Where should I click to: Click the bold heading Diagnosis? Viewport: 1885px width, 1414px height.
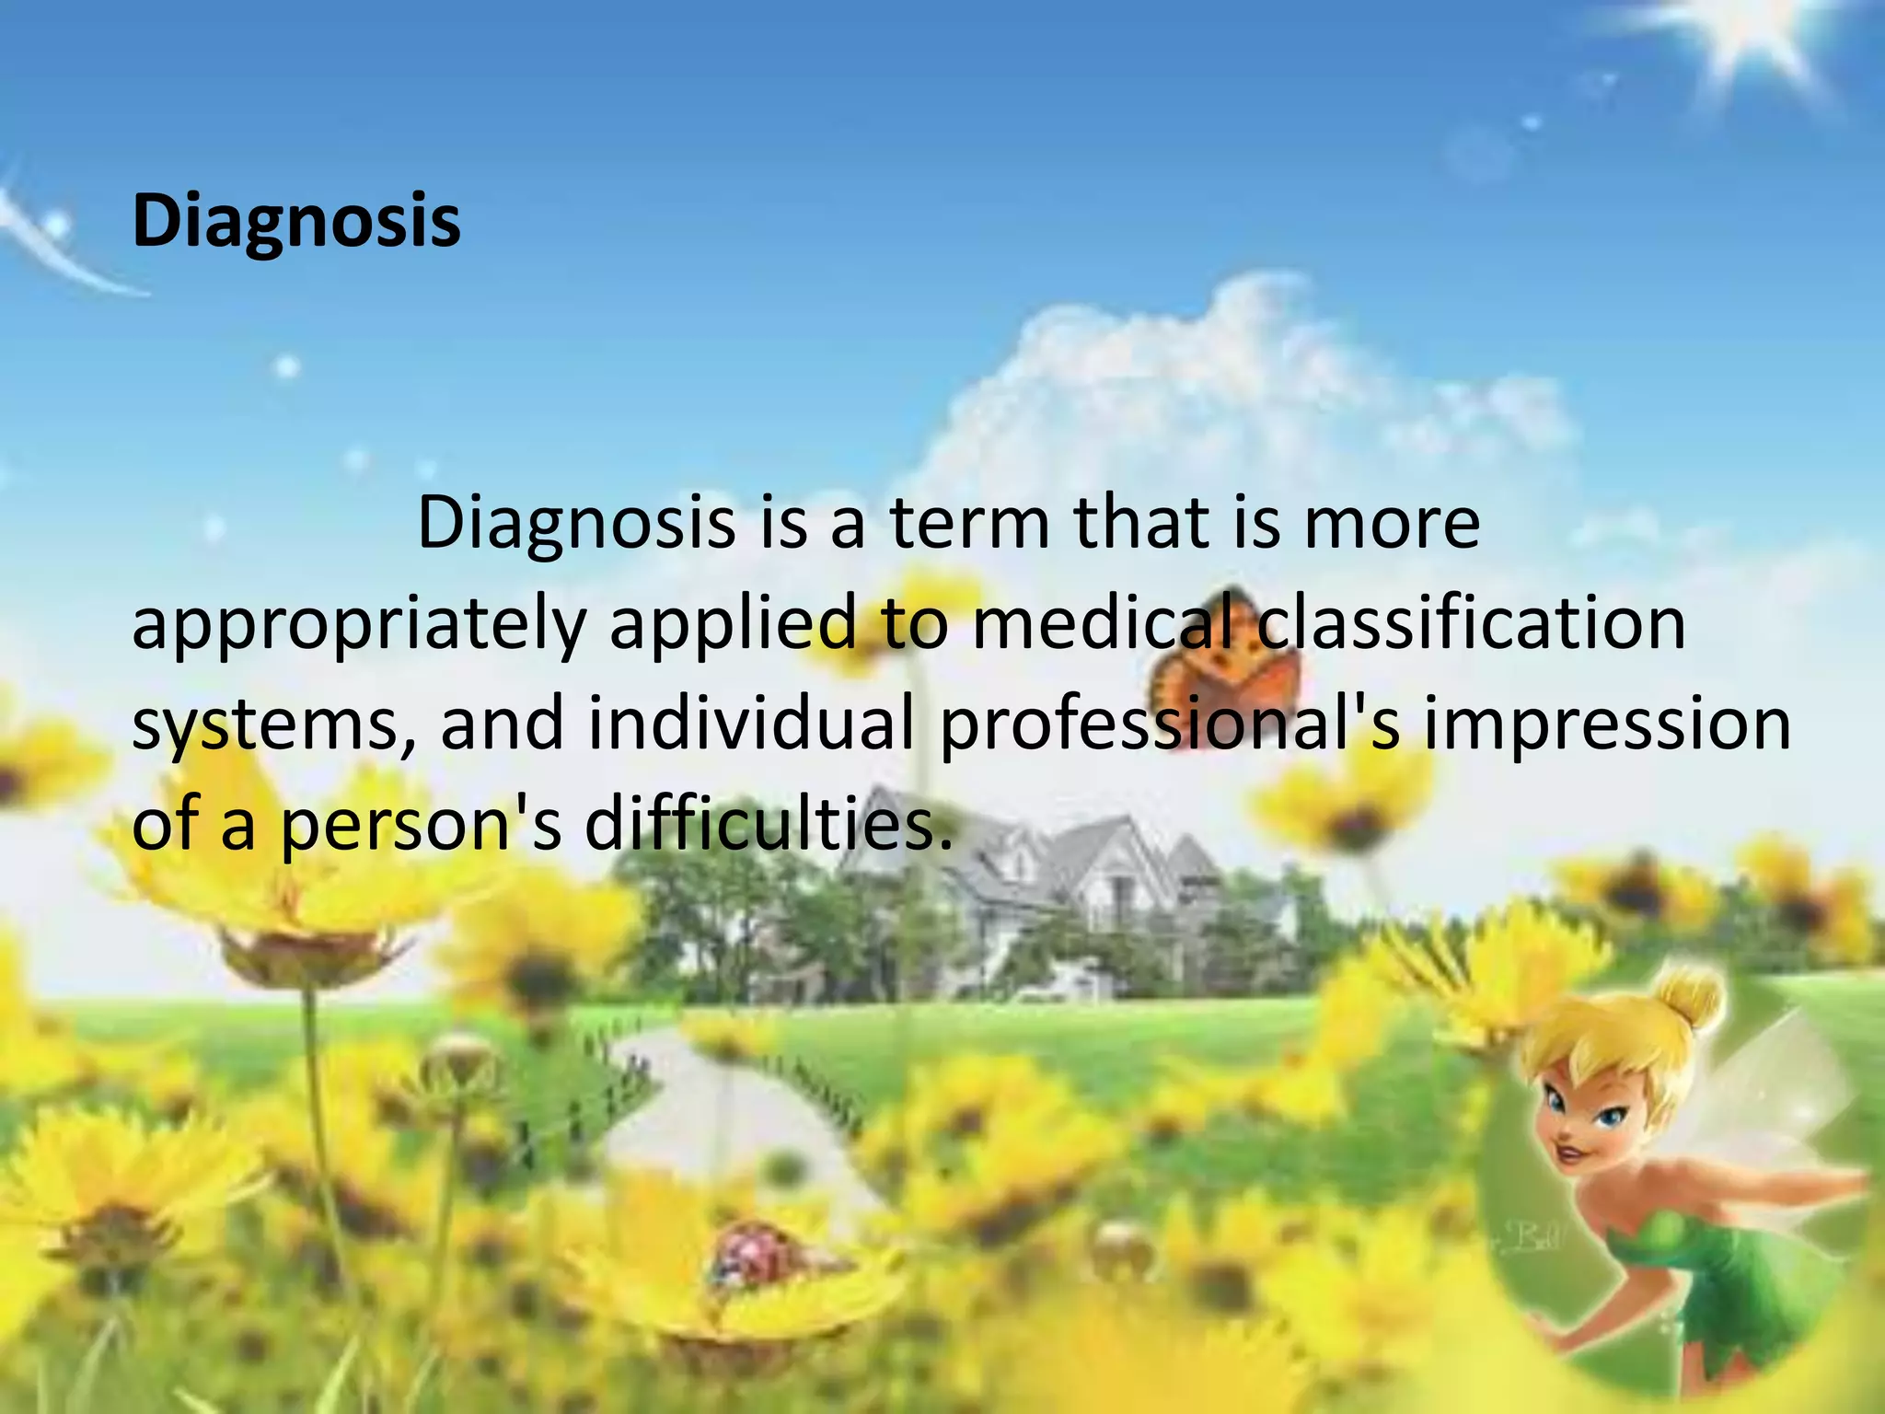(x=296, y=221)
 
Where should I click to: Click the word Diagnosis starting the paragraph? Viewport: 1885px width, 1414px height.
(x=576, y=523)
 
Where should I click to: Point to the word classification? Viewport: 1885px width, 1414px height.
(x=1471, y=622)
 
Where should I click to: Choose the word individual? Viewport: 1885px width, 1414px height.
(x=751, y=722)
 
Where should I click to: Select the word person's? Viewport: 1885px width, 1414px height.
(x=420, y=825)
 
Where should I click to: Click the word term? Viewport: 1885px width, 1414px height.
(x=969, y=523)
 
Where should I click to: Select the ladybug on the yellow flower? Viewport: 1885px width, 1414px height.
(x=750, y=1256)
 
